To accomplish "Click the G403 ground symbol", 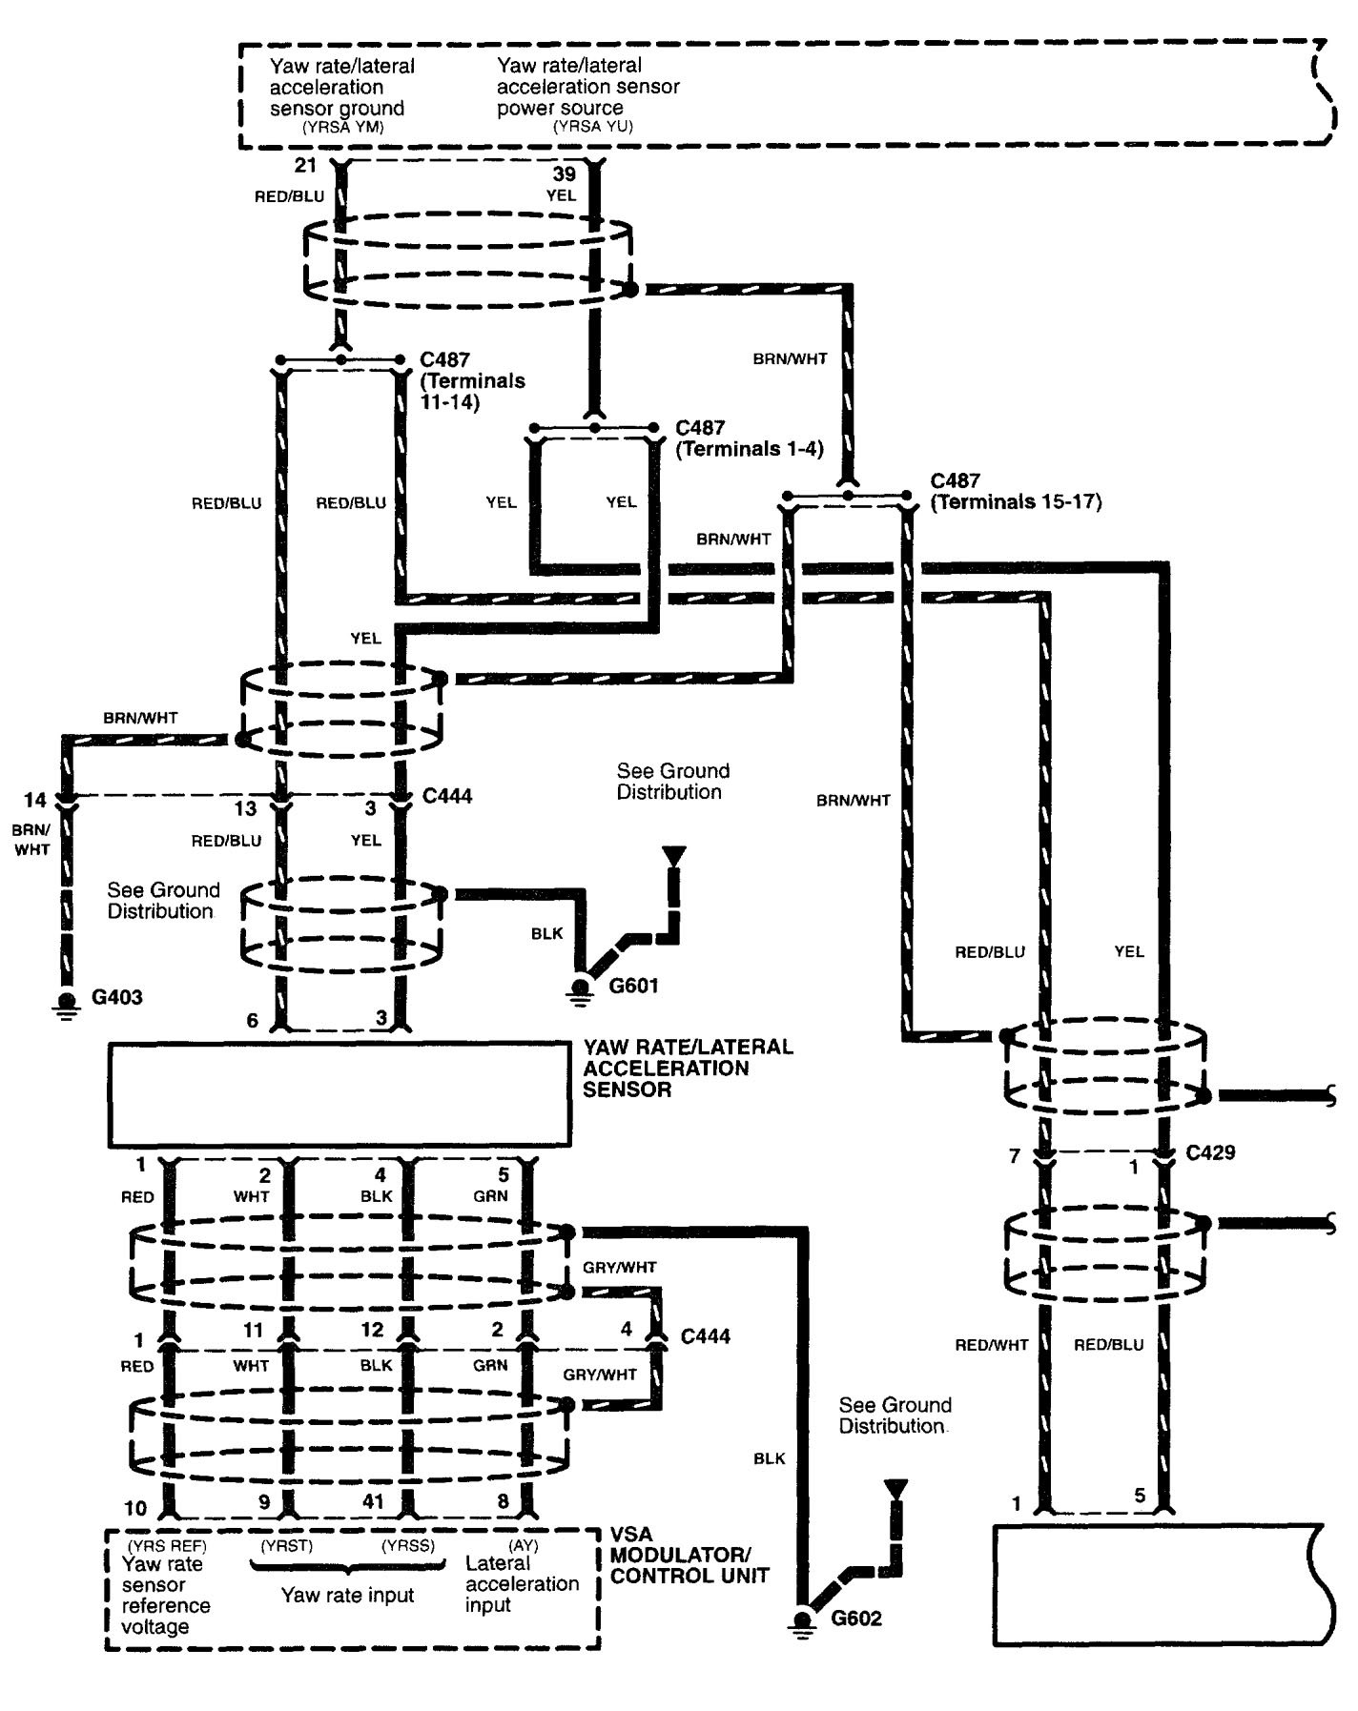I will click(67, 1004).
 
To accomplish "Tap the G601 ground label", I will click(633, 985).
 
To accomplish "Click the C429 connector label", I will click(1210, 1152).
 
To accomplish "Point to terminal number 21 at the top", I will click(304, 165).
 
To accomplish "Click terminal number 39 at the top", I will click(565, 174).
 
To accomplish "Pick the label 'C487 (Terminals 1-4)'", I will click(749, 438).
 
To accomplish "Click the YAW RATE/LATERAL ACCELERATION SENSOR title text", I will click(688, 1068).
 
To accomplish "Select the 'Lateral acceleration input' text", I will click(522, 1583).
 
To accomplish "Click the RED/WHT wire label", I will click(992, 1345).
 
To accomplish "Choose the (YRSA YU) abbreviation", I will click(592, 126).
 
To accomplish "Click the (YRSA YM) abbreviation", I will click(342, 126).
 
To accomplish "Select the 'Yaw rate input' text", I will click(347, 1595).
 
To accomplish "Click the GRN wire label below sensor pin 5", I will click(490, 1196).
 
